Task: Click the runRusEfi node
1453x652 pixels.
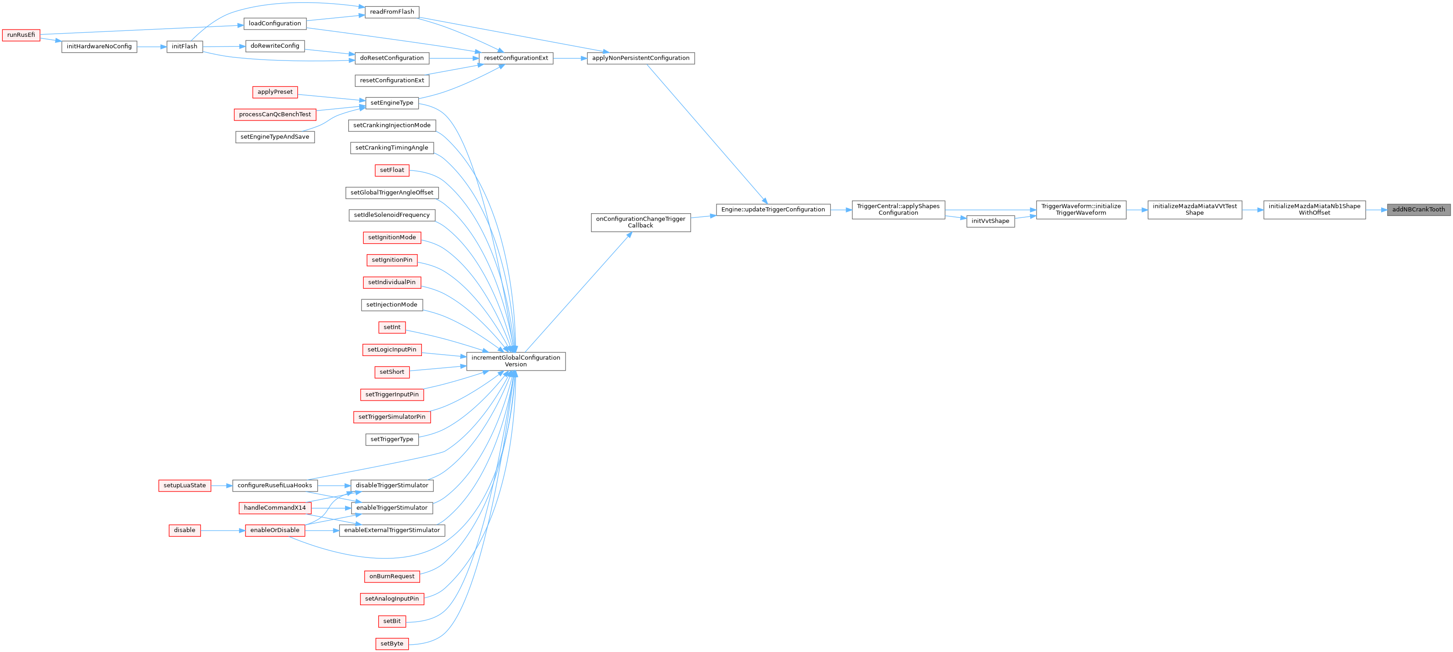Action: (x=21, y=35)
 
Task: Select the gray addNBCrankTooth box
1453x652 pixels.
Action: (x=1418, y=210)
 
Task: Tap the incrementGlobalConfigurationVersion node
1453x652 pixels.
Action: (x=516, y=361)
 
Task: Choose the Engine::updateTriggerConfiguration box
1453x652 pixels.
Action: (x=773, y=210)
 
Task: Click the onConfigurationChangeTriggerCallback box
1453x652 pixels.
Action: (x=641, y=222)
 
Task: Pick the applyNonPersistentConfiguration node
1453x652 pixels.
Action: (x=641, y=58)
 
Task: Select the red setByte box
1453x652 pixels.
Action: (x=392, y=643)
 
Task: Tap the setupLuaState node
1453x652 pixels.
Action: (x=185, y=486)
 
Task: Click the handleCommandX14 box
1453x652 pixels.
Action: (x=275, y=508)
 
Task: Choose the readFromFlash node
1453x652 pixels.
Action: (x=392, y=12)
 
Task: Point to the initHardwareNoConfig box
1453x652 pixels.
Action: (x=99, y=46)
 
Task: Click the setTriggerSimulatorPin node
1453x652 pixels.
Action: (x=392, y=417)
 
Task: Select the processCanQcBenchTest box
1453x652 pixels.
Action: (x=275, y=115)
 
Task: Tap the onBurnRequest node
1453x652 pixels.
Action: (x=392, y=577)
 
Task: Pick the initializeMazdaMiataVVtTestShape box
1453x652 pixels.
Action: (x=1195, y=210)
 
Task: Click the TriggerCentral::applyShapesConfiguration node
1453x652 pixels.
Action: (x=898, y=210)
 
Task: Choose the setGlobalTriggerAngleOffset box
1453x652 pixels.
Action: (x=392, y=193)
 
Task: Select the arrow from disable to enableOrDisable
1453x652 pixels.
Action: (x=223, y=531)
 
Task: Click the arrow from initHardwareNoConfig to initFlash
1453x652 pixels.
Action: (x=152, y=47)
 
